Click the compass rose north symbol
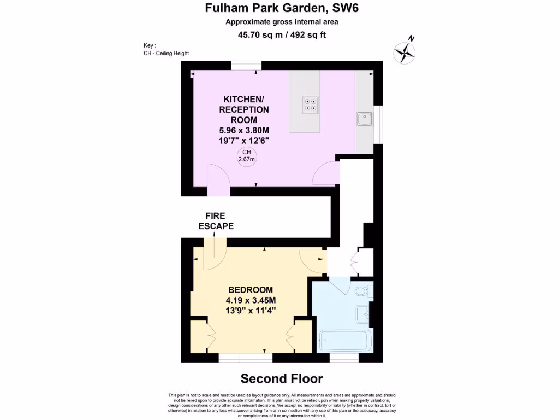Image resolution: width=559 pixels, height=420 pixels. click(405, 52)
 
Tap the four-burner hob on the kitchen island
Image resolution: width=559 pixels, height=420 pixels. click(311, 104)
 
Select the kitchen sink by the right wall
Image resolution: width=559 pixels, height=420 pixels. click(364, 119)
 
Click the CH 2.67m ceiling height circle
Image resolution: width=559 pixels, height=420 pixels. click(247, 156)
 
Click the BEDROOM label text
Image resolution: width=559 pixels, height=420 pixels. click(251, 290)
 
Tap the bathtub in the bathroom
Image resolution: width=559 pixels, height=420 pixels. click(346, 340)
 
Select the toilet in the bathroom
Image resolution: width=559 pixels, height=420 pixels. click(363, 291)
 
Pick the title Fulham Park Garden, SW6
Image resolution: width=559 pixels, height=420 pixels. click(282, 8)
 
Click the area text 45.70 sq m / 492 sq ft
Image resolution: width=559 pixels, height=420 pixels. click(282, 35)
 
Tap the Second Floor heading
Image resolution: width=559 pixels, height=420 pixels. click(282, 378)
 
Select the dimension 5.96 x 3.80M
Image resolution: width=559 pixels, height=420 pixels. click(244, 131)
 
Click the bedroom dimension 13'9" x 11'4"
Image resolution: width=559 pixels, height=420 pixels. click(251, 310)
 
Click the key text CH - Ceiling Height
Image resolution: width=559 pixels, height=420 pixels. click(166, 53)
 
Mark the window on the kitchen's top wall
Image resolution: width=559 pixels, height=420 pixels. click(246, 66)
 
